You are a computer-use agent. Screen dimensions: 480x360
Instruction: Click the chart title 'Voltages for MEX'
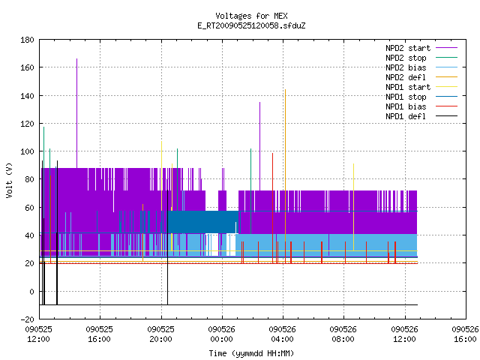coord(251,16)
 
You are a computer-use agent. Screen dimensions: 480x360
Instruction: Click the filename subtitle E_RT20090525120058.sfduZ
coord(251,25)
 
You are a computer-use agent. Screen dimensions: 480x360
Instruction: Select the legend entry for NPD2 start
coord(421,48)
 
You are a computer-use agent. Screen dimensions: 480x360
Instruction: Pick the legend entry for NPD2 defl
coord(421,77)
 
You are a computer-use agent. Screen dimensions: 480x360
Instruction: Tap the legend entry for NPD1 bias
coord(421,106)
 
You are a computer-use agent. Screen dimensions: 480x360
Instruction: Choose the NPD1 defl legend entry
coord(421,116)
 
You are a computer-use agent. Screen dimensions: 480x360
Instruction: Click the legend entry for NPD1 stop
coord(421,97)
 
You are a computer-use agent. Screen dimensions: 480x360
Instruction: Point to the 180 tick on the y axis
coord(27,40)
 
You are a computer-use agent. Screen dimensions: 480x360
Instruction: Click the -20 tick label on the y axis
coord(27,319)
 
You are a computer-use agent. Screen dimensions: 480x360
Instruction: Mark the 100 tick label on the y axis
coord(27,151)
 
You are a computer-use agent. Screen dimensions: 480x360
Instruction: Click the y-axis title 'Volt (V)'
coord(9,180)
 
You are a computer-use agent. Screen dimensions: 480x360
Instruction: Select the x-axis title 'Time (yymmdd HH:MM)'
coord(251,353)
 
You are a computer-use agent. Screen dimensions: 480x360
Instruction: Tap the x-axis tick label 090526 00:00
coord(222,334)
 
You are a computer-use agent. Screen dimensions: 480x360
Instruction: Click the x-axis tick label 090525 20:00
coord(160,334)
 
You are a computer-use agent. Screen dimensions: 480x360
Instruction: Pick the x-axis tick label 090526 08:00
coord(343,334)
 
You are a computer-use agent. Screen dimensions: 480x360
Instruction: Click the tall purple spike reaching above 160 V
coord(76,113)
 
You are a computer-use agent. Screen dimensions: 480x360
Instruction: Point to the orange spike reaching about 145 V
coord(285,165)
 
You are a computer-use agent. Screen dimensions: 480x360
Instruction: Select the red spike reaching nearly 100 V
coord(272,208)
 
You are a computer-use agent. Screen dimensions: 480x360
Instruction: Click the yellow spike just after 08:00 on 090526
coord(353,207)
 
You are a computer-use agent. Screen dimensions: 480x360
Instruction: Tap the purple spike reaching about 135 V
coord(260,146)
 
